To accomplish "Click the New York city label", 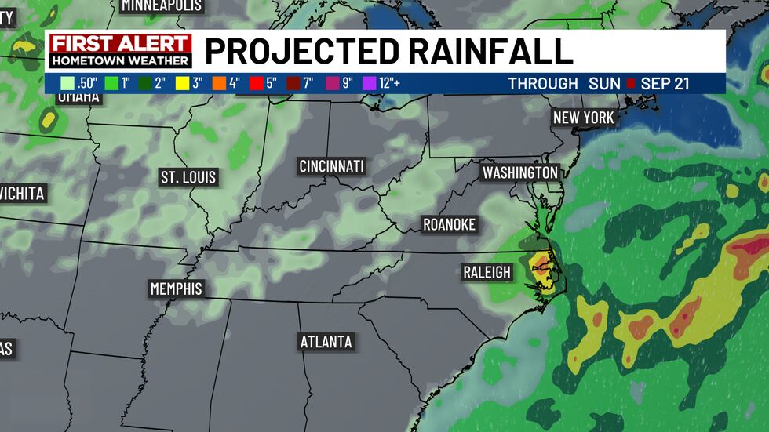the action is [x=583, y=118].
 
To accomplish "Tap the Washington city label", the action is [x=519, y=172].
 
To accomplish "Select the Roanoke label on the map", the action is [x=449, y=224].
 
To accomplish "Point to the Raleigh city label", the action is [x=487, y=273].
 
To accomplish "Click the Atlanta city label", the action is [x=326, y=342].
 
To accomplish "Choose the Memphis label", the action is [x=176, y=289].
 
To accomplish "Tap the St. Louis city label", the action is [x=188, y=176].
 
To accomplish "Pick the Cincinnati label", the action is [x=332, y=166].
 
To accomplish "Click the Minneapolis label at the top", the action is [x=162, y=5].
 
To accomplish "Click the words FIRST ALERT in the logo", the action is [x=120, y=43].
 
